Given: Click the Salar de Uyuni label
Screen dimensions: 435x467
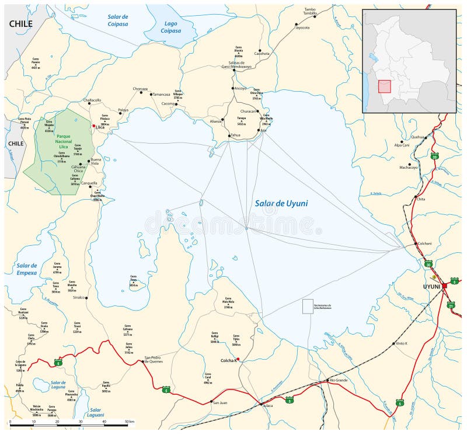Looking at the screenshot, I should point(281,204).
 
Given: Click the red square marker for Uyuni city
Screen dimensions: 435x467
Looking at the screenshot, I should point(444,285).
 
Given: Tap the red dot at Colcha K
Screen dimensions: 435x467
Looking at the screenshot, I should point(238,359).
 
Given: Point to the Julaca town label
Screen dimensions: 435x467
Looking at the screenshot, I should point(267,405).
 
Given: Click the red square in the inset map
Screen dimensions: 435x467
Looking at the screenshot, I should point(384,86).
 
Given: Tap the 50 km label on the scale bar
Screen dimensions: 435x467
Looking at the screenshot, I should point(130,422).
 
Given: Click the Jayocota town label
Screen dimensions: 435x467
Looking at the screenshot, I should point(302,27).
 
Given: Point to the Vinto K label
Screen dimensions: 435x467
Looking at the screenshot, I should point(402,343).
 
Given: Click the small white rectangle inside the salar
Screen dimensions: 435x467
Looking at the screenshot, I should point(308,307).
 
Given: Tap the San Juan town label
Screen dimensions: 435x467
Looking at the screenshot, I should point(219,402).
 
